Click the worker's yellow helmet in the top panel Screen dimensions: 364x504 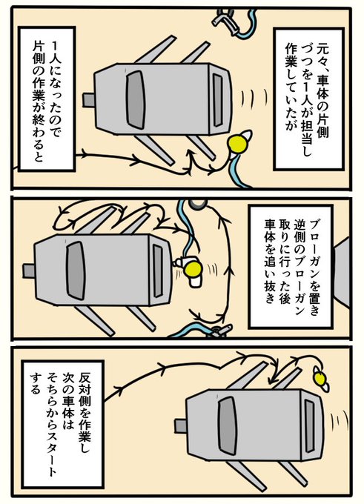[238, 143]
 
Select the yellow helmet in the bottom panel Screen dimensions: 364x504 [320, 379]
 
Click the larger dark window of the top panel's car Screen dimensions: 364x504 [136, 99]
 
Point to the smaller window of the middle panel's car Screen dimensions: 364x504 [158, 271]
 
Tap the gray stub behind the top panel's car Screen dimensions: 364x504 [88, 100]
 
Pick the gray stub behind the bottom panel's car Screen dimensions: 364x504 [181, 425]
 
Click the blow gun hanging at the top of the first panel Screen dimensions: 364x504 [227, 21]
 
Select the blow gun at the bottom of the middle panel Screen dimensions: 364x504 [219, 331]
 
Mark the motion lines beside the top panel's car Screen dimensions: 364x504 [255, 98]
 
